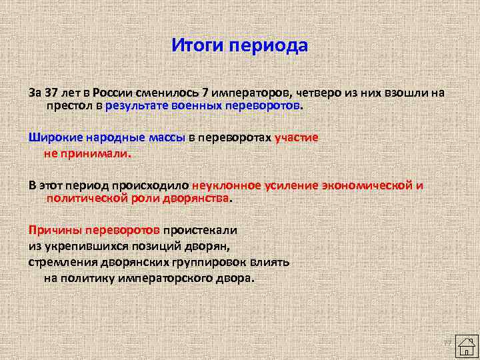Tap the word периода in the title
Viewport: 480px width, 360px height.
pyautogui.click(x=269, y=47)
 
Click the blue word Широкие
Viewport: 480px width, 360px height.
pyautogui.click(x=53, y=138)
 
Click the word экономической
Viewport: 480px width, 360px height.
pyautogui.click(x=368, y=185)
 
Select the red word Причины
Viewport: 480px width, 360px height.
pyautogui.click(x=53, y=230)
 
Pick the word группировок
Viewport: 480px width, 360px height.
pyautogui.click(x=205, y=262)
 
